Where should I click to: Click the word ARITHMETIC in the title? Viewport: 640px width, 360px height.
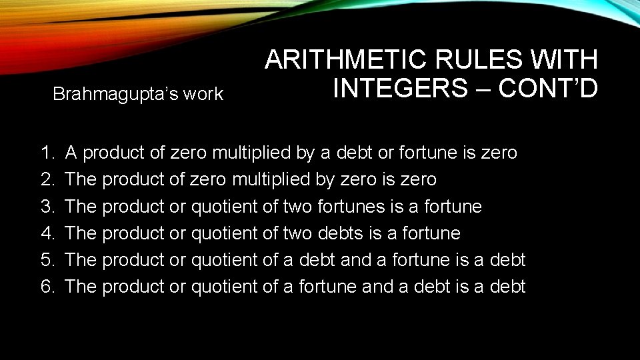point(346,60)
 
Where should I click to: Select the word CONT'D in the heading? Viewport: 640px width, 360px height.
point(548,87)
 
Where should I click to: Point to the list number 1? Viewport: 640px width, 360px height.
point(47,153)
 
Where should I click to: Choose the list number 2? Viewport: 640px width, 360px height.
point(47,179)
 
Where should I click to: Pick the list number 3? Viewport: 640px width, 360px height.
point(47,207)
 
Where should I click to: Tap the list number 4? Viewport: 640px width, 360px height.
point(47,233)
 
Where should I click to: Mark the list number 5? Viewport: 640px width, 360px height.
point(47,260)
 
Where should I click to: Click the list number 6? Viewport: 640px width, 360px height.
point(47,287)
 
